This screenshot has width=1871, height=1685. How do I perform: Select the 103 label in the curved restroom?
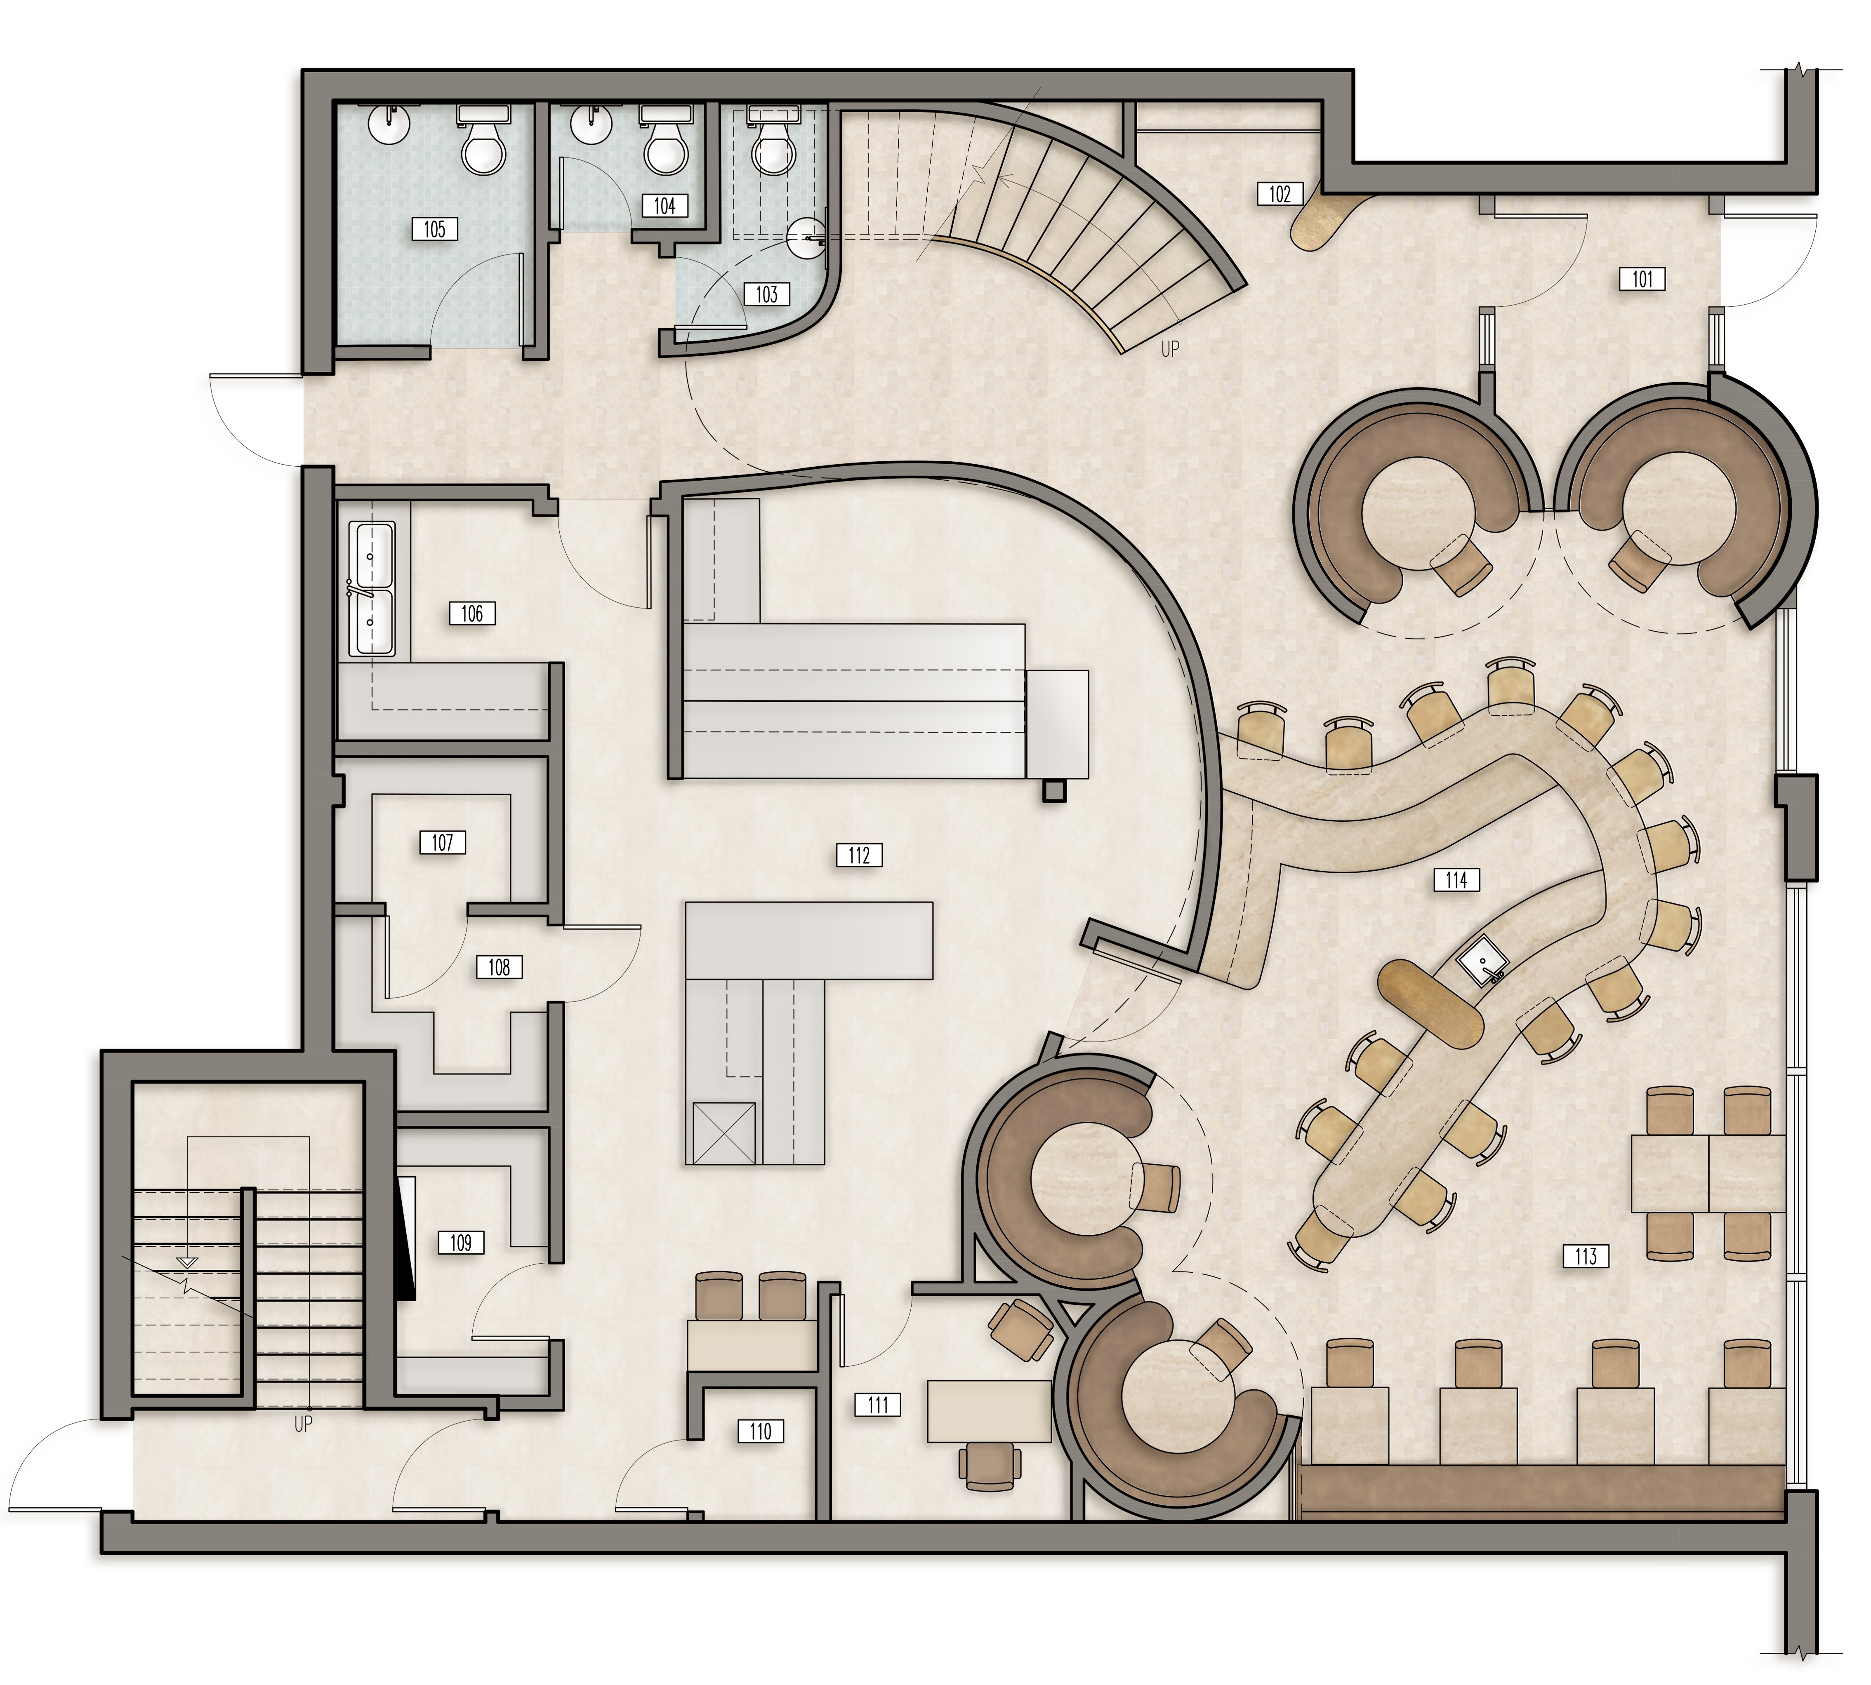pyautogui.click(x=767, y=294)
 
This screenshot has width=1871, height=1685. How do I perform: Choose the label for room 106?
pyautogui.click(x=471, y=613)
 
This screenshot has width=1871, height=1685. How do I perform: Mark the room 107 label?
pyautogui.click(x=442, y=843)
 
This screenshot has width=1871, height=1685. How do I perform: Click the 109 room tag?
pyautogui.click(x=460, y=1243)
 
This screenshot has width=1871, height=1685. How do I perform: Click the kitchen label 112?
pyautogui.click(x=859, y=855)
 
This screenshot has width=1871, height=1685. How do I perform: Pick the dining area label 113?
pyautogui.click(x=1585, y=1256)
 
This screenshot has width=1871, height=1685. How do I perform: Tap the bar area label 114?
pyautogui.click(x=1456, y=879)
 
